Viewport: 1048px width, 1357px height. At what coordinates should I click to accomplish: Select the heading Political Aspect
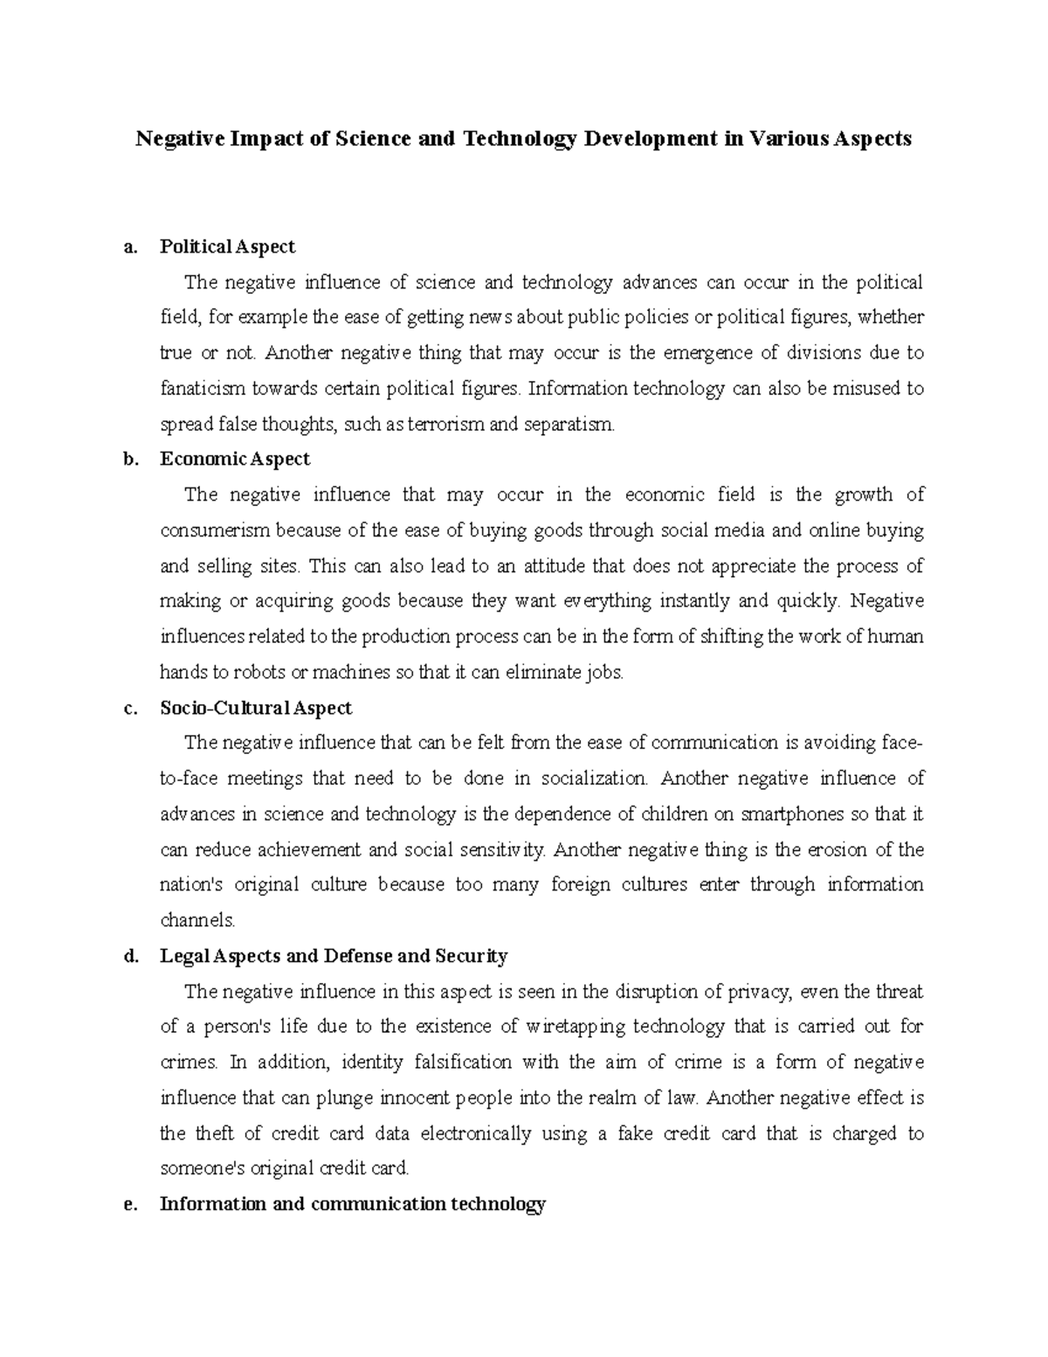(x=227, y=247)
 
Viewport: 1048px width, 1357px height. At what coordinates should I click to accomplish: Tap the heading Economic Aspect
(x=235, y=460)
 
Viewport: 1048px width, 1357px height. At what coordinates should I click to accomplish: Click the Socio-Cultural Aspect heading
(x=256, y=708)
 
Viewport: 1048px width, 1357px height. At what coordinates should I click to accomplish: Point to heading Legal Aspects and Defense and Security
(x=334, y=956)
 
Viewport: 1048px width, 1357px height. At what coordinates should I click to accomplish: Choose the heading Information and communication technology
(x=353, y=1204)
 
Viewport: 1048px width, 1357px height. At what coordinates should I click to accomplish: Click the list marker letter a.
(x=131, y=247)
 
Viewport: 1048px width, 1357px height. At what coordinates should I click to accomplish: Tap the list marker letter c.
(x=131, y=708)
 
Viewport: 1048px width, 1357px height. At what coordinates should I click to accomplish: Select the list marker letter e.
(x=131, y=1204)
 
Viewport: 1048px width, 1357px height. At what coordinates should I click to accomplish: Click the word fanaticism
(x=203, y=389)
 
